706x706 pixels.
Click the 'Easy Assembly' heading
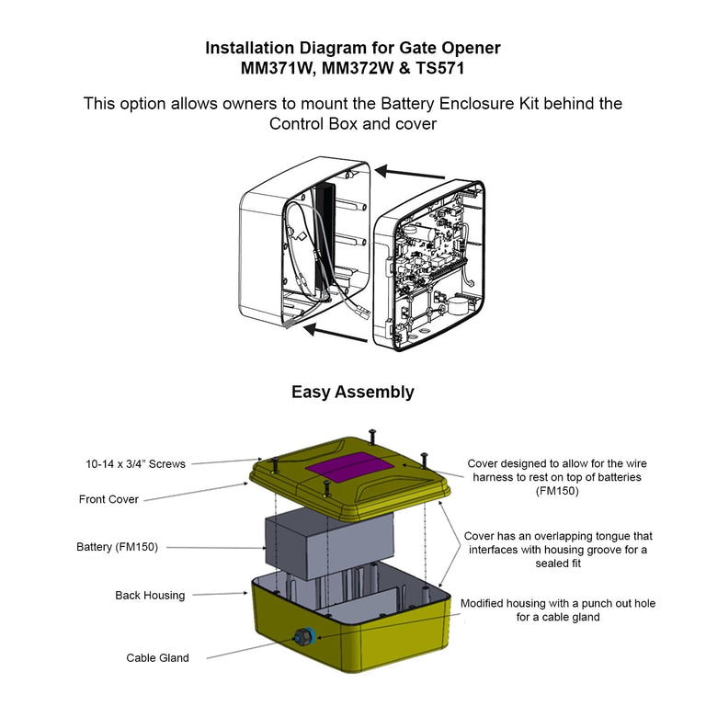pyautogui.click(x=353, y=393)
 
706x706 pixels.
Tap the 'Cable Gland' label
pyautogui.click(x=157, y=657)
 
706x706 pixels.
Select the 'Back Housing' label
pyautogui.click(x=150, y=596)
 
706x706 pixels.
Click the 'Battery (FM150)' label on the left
pyautogui.click(x=117, y=547)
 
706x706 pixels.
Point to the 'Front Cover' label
pyautogui.click(x=108, y=499)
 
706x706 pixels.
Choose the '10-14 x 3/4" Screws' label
pyautogui.click(x=135, y=465)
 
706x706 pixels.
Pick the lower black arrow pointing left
pyautogui.click(x=336, y=330)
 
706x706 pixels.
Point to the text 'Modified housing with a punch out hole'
pyautogui.click(x=558, y=603)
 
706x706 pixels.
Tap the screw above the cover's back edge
pyautogui.click(x=371, y=433)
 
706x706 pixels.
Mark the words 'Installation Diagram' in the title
pyautogui.click(x=283, y=48)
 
